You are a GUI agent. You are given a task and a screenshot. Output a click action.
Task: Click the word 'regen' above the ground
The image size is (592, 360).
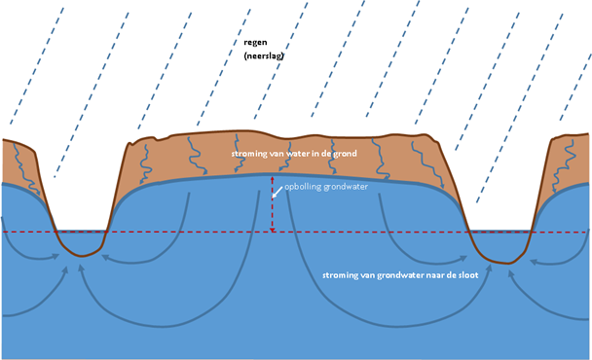pyautogui.click(x=255, y=43)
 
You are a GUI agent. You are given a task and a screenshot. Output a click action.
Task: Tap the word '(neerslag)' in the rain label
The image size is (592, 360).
pyautogui.click(x=264, y=55)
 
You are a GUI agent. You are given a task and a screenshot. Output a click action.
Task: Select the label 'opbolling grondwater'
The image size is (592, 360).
pyautogui.click(x=326, y=187)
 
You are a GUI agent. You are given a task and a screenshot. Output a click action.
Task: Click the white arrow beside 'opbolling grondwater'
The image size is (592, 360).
pyautogui.click(x=277, y=192)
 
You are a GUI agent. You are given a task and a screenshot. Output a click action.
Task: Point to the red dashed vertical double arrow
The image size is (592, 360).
pyautogui.click(x=272, y=204)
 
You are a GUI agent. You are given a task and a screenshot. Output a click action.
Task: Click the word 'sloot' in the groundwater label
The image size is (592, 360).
pyautogui.click(x=468, y=275)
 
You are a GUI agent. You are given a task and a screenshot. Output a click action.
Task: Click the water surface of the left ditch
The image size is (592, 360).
pyautogui.click(x=81, y=231)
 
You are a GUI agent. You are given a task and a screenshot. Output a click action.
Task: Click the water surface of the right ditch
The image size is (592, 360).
pyautogui.click(x=499, y=231)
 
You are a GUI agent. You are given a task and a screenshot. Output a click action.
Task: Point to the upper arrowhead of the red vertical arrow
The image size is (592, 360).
pyautogui.click(x=272, y=178)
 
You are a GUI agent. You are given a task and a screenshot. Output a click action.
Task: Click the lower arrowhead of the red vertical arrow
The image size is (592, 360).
pyautogui.click(x=272, y=231)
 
